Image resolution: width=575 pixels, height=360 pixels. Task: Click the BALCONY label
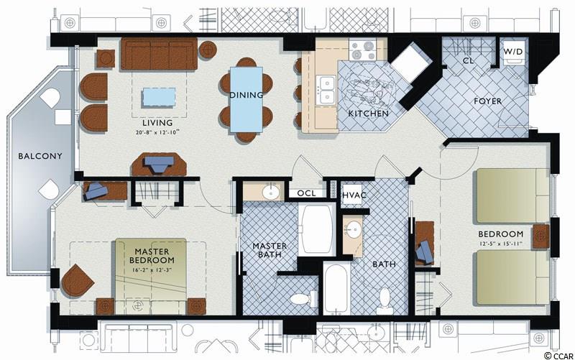tap(40, 156)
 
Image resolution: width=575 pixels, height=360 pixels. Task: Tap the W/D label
tap(512, 52)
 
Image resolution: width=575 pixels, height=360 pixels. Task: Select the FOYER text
tap(487, 101)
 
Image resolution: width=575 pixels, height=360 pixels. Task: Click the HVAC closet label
tap(354, 195)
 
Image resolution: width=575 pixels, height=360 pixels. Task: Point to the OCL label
tap(306, 193)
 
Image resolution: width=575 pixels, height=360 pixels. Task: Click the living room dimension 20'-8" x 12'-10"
tap(157, 132)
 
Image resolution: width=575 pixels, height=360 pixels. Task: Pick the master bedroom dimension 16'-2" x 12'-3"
tap(152, 269)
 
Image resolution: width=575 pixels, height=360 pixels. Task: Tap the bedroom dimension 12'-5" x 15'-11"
tap(500, 243)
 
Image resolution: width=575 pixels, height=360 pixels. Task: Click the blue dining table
tap(247, 99)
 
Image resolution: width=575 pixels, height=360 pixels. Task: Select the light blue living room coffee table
tap(159, 97)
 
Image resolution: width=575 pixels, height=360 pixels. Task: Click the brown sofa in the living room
tap(159, 53)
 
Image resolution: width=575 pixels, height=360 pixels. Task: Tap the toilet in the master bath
tap(304, 298)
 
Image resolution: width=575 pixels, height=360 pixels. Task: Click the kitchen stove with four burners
tap(363, 50)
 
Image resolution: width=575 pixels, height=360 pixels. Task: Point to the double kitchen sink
tap(327, 90)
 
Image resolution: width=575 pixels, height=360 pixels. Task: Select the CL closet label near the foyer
tap(468, 61)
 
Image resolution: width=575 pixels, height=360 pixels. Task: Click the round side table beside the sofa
tap(208, 50)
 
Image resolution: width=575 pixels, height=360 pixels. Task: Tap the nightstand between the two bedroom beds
tap(541, 237)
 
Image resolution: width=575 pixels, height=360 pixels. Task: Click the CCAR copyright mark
tap(559, 355)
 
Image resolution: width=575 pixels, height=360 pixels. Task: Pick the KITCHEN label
tap(369, 114)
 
